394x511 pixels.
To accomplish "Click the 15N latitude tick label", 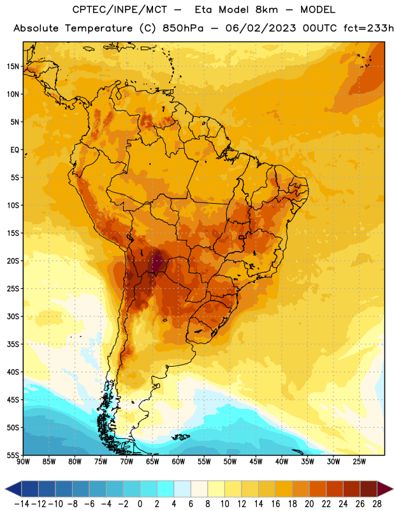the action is pos(13,66).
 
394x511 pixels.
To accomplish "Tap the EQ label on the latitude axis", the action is pos(15,150).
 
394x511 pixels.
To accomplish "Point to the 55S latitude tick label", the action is pos(13,455).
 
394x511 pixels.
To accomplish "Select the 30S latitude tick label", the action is pos(13,316).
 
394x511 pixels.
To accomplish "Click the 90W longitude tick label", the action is pos(23,462).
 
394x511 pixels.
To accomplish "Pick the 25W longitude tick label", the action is pos(359,462).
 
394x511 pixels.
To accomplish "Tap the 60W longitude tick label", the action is pos(179,462).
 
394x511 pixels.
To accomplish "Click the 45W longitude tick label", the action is pos(256,462).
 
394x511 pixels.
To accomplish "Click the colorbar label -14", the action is pos(22,504).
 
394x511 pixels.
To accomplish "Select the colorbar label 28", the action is pos(377,504).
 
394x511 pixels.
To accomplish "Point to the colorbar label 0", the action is pos(140,504).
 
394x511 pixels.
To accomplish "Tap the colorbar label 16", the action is pos(275,504).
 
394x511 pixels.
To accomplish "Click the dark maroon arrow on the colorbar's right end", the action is pos(384,489).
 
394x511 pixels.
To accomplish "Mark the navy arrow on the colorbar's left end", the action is pos(13,489).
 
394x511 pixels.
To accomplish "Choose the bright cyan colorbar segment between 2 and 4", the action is pos(165,489).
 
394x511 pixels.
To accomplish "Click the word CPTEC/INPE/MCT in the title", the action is pos(119,10).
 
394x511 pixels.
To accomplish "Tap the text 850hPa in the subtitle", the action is pos(183,28).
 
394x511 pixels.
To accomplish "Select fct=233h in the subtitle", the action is pos(368,28).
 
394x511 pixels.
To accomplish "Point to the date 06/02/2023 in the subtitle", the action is pos(261,28).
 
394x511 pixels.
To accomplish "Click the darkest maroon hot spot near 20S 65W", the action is pos(157,263).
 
